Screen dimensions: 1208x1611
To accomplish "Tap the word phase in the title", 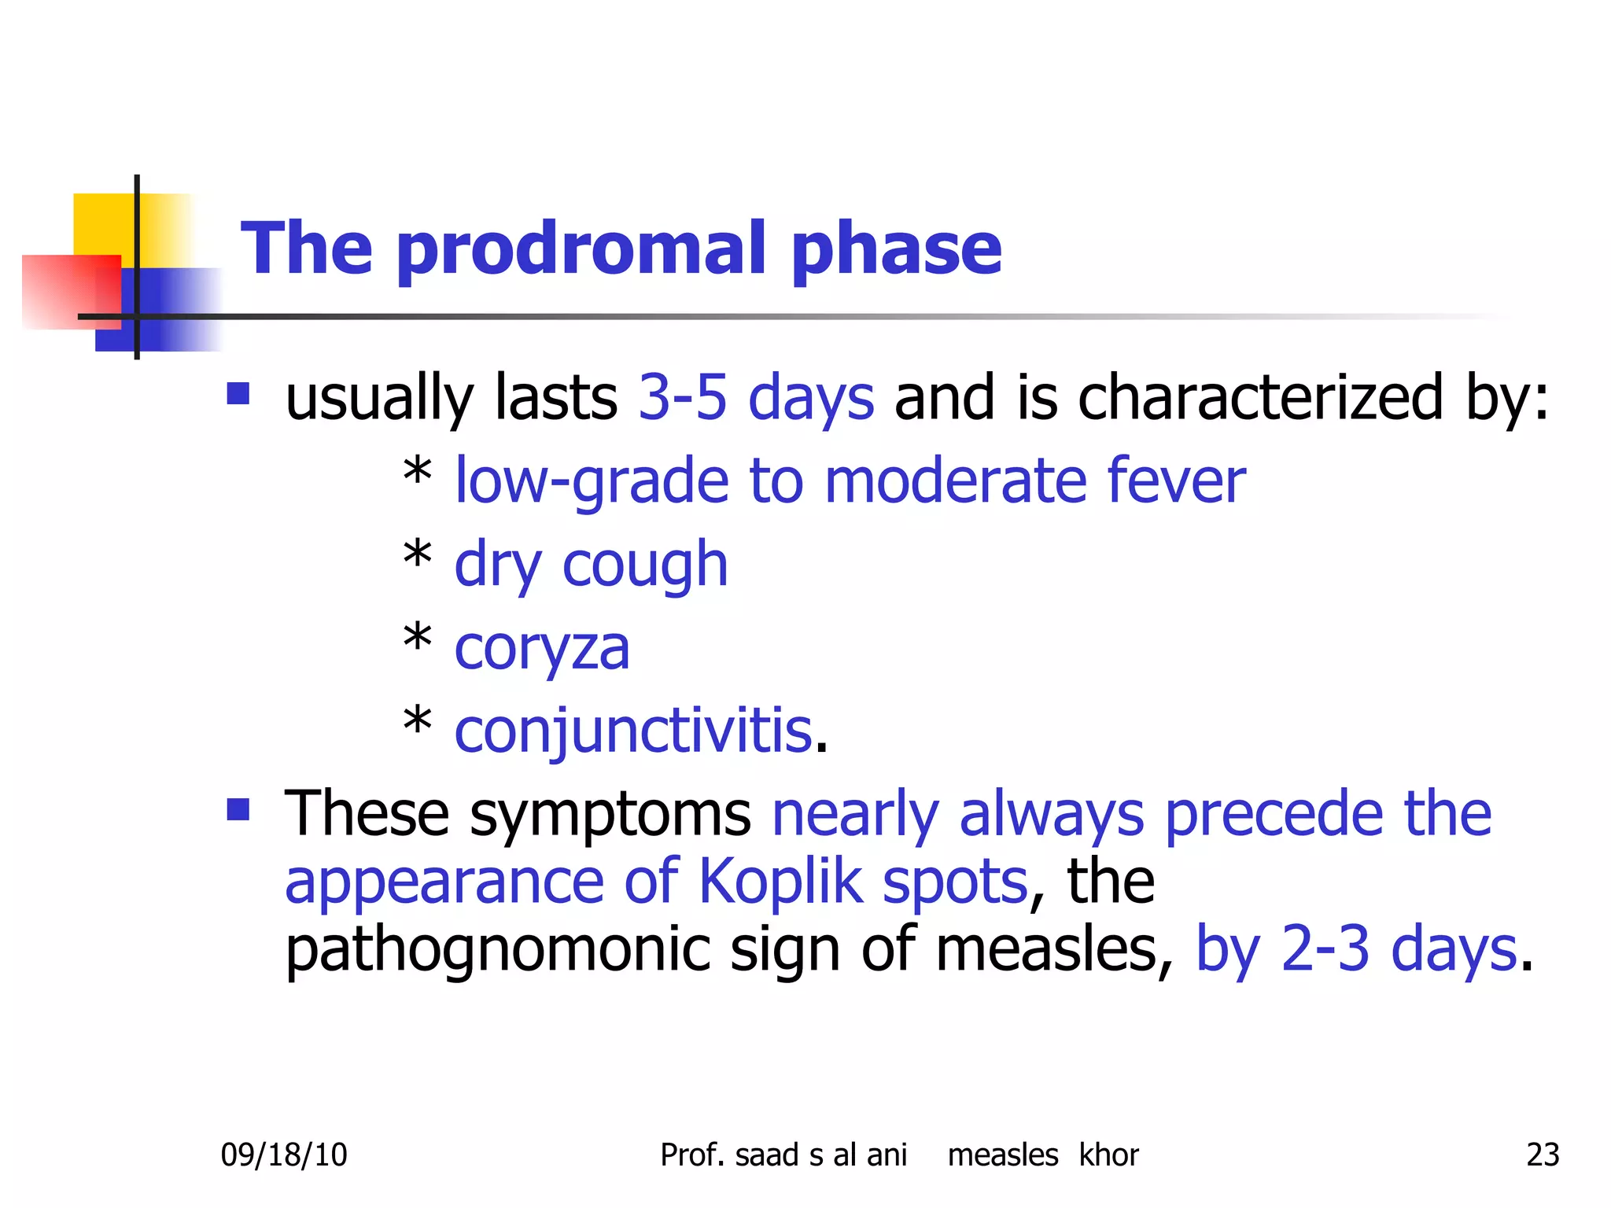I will (x=896, y=250).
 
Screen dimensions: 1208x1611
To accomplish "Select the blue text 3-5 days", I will (x=755, y=397).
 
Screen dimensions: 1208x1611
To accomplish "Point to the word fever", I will (x=1176, y=481).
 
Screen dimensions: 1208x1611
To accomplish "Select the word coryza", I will (x=542, y=650).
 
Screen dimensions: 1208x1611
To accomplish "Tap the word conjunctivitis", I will (x=633, y=731).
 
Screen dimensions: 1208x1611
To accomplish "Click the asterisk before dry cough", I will (x=417, y=557).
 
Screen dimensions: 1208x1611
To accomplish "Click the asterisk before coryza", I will (x=417, y=640).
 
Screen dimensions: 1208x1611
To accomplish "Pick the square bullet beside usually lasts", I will (x=238, y=393).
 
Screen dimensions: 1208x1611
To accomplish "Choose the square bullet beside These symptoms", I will (x=238, y=809).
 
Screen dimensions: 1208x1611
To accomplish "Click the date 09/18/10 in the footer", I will (x=283, y=1155).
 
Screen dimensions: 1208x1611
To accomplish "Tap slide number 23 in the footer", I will (x=1543, y=1155).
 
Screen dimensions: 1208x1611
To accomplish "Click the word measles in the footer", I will (x=1002, y=1155).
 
